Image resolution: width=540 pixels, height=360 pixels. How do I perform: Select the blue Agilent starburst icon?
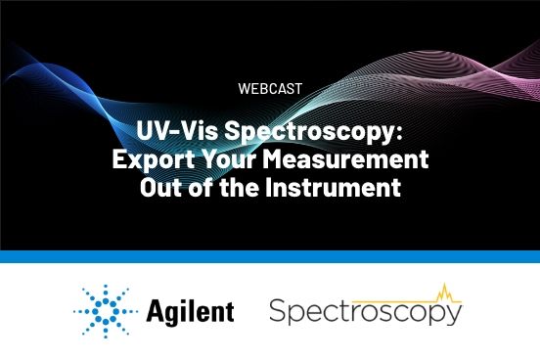pos(102,312)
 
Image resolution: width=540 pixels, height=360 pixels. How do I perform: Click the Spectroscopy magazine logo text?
pos(364,314)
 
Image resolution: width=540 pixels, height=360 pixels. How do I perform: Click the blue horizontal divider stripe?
pos(270,256)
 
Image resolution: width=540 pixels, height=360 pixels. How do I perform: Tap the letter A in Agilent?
pos(156,312)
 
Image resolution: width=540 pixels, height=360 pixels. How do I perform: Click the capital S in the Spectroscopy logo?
pos(277,313)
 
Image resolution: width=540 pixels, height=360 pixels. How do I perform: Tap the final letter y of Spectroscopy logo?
pos(454,317)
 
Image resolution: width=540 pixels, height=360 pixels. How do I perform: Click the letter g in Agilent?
pos(173,315)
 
